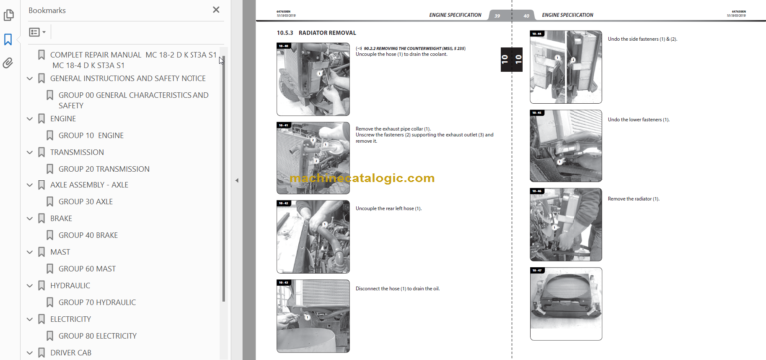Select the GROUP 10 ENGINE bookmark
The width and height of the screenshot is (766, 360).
[x=90, y=135]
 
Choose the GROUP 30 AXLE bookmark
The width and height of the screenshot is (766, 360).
[x=85, y=201]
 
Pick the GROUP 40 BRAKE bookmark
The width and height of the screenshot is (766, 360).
[x=87, y=235]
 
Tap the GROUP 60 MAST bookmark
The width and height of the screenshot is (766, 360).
[x=86, y=268]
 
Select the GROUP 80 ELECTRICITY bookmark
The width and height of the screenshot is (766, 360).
[x=97, y=335]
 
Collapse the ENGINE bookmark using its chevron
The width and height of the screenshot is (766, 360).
[x=29, y=119]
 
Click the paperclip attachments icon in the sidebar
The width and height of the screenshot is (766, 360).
[x=8, y=62]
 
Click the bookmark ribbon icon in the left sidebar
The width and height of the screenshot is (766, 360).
[x=8, y=40]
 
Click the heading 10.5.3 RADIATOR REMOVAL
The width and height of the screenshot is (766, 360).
[x=318, y=34]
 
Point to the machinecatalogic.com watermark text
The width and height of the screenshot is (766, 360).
[x=363, y=179]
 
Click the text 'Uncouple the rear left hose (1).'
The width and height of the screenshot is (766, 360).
[x=388, y=209]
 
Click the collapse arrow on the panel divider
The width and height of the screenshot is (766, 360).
[x=236, y=180]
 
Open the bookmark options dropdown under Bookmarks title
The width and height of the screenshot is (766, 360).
[x=37, y=32]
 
